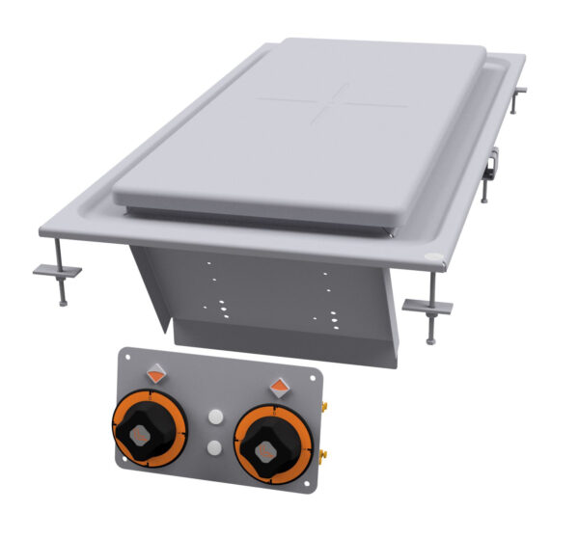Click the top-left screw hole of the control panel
[x=126, y=358]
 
